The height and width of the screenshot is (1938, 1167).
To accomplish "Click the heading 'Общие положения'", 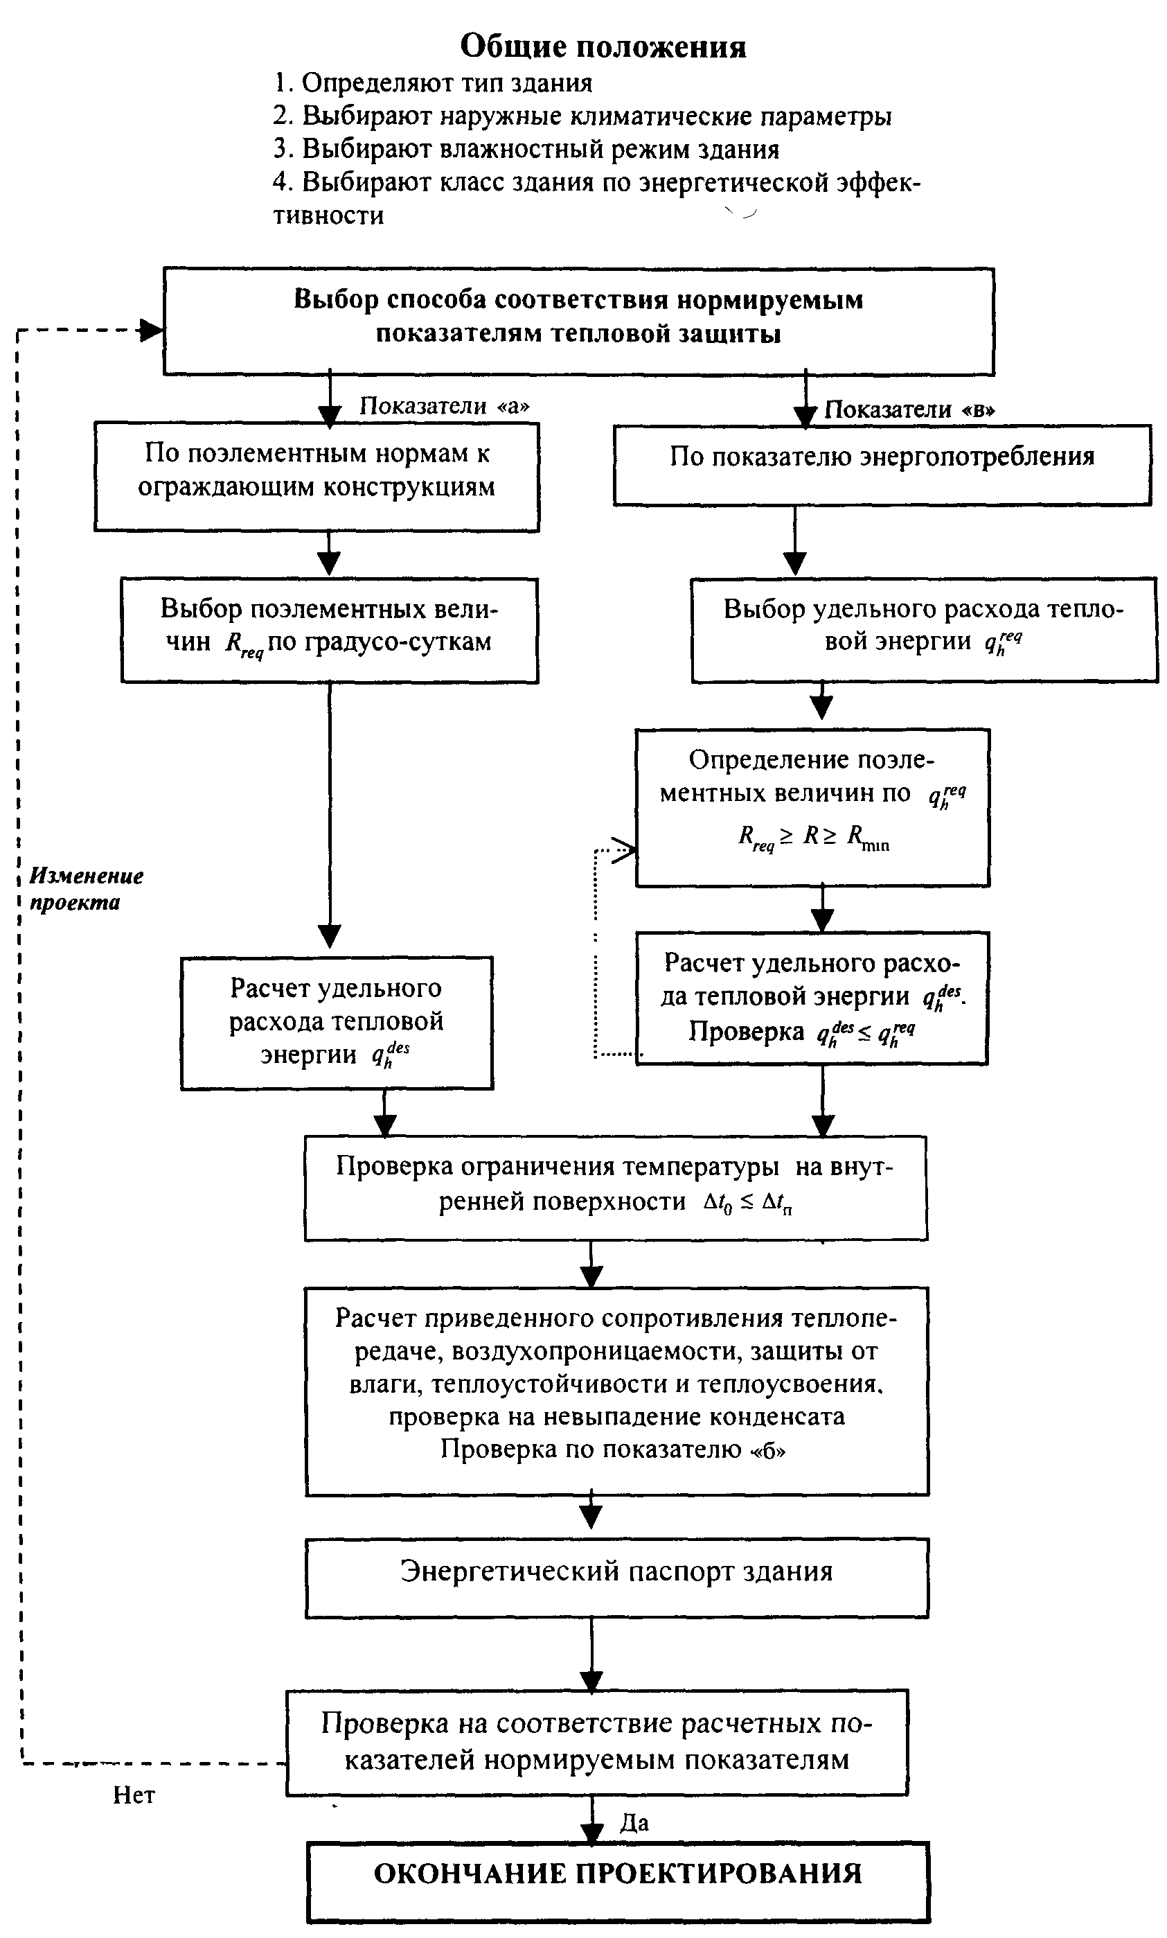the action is (x=603, y=47).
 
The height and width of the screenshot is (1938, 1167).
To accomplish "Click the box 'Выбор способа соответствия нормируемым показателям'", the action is (x=579, y=321).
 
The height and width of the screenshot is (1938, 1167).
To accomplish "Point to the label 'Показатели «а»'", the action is (x=445, y=405).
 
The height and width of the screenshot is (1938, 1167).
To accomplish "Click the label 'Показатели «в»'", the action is (x=910, y=409).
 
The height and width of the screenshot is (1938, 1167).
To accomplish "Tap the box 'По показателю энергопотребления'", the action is (x=882, y=465).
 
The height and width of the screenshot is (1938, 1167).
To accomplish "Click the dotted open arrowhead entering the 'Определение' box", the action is (x=625, y=849).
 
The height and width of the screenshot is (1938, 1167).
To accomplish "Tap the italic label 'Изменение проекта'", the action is (x=87, y=889).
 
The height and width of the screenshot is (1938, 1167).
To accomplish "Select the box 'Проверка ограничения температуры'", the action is (x=616, y=1188).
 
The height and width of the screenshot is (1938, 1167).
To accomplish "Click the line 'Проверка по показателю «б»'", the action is (x=613, y=1449).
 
